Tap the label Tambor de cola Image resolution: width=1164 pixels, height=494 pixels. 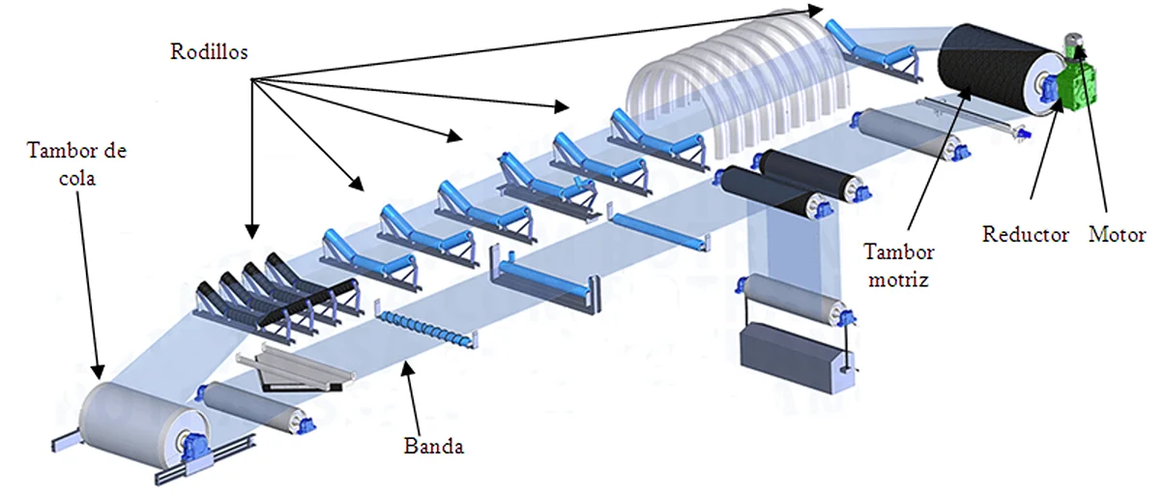(x=77, y=161)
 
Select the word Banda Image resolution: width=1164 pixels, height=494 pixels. (x=434, y=447)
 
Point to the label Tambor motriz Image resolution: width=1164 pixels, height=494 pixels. (x=899, y=262)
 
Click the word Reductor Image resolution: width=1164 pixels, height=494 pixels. (x=1026, y=235)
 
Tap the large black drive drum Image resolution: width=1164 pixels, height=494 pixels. (x=986, y=68)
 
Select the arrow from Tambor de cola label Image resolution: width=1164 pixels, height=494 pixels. (x=86, y=271)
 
